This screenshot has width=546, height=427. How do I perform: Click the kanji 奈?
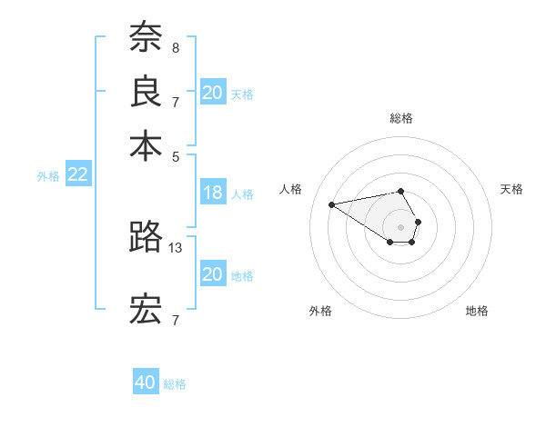[x=146, y=38]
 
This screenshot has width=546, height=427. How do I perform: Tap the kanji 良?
[x=146, y=92]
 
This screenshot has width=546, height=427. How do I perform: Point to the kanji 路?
[x=146, y=236]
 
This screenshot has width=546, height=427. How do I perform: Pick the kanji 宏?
[x=146, y=310]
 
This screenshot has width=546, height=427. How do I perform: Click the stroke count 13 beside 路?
[x=177, y=247]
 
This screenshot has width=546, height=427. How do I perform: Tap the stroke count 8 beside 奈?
[x=176, y=47]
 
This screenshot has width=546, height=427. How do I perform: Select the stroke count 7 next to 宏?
[x=176, y=320]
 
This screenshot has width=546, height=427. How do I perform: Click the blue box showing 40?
[x=146, y=382]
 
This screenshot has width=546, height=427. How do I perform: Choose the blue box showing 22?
[x=77, y=175]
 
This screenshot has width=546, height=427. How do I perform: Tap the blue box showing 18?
[x=213, y=193]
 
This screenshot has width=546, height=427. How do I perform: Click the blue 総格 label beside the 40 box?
[x=175, y=384]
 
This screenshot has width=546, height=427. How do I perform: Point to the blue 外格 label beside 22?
[x=47, y=176]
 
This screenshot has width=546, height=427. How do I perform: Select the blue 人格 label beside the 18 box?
[x=242, y=194]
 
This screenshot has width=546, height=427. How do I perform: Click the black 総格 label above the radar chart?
[x=401, y=118]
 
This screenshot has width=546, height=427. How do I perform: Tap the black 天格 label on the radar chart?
[x=512, y=189]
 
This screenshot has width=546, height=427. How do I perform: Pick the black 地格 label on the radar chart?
[x=477, y=311]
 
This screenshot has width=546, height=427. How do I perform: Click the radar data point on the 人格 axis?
[x=331, y=204]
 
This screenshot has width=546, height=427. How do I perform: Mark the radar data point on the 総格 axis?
[x=401, y=191]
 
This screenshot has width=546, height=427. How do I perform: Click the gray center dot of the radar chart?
[x=401, y=226]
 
